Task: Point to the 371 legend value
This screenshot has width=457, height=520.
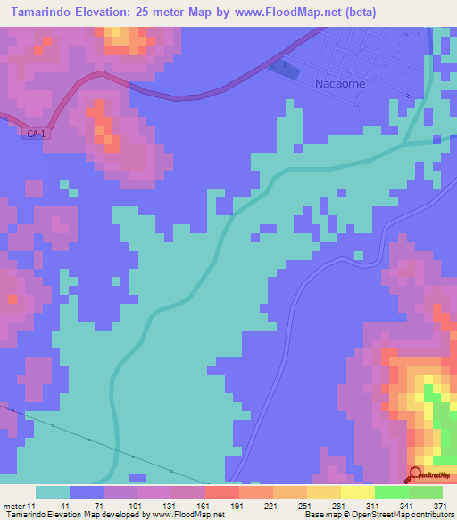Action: [x=438, y=506]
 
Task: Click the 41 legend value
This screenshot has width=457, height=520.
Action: [x=65, y=506]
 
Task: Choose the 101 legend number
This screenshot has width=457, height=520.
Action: [x=133, y=506]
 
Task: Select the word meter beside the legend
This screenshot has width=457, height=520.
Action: [x=15, y=506]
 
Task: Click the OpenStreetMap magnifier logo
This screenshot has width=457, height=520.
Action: [x=416, y=474]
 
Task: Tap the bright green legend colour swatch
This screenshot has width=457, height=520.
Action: [x=391, y=492]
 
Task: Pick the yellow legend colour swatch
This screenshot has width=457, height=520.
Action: [x=357, y=492]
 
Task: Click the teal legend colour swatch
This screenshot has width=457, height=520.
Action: [x=53, y=492]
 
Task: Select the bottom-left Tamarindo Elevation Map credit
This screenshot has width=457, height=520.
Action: [x=112, y=515]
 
